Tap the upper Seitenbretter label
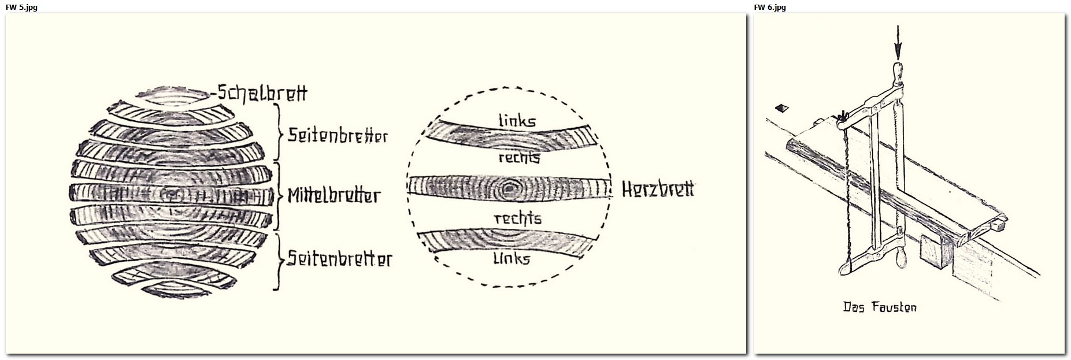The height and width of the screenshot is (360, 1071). pos(338,136)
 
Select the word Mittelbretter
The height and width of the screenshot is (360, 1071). pos(334,195)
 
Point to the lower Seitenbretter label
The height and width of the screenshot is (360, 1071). pos(340,259)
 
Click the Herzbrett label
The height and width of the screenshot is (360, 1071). pos(658,189)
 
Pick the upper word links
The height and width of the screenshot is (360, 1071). pos(517,120)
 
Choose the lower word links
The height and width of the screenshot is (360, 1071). pos(512,258)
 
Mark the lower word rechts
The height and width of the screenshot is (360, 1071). pos(518,218)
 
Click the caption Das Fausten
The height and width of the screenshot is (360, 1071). pos(880,307)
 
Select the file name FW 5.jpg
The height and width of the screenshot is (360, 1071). pos(21,7)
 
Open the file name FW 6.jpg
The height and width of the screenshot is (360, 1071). pos(770,7)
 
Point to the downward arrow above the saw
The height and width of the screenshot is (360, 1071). pos(897,40)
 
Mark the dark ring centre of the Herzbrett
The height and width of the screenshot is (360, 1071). pos(510,187)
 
